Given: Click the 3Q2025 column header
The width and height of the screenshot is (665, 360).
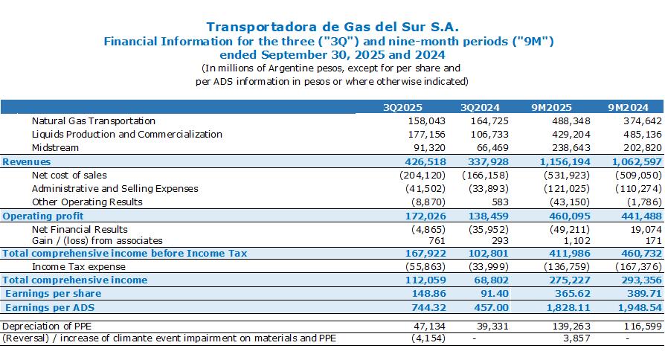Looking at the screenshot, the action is (402, 107).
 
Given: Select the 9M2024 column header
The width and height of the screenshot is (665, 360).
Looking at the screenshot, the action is (628, 107).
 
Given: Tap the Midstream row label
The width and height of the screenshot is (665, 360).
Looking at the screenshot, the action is (55, 147).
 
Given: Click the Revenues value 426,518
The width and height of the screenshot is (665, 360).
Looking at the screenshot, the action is (425, 161).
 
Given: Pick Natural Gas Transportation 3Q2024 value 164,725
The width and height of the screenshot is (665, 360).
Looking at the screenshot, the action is (489, 120).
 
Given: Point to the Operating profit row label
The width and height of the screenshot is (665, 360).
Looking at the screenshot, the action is (43, 216).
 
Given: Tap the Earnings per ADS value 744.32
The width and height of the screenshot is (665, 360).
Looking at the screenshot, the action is (428, 307).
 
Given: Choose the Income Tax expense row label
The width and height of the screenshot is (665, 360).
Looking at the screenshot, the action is (78, 267).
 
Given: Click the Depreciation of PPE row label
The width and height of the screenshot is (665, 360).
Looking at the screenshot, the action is (47, 326).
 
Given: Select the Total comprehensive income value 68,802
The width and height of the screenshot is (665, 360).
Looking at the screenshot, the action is (491, 280).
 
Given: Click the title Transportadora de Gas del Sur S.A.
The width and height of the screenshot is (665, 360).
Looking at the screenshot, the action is (332, 27).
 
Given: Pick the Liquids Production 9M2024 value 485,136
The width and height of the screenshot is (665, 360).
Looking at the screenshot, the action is (643, 135).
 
